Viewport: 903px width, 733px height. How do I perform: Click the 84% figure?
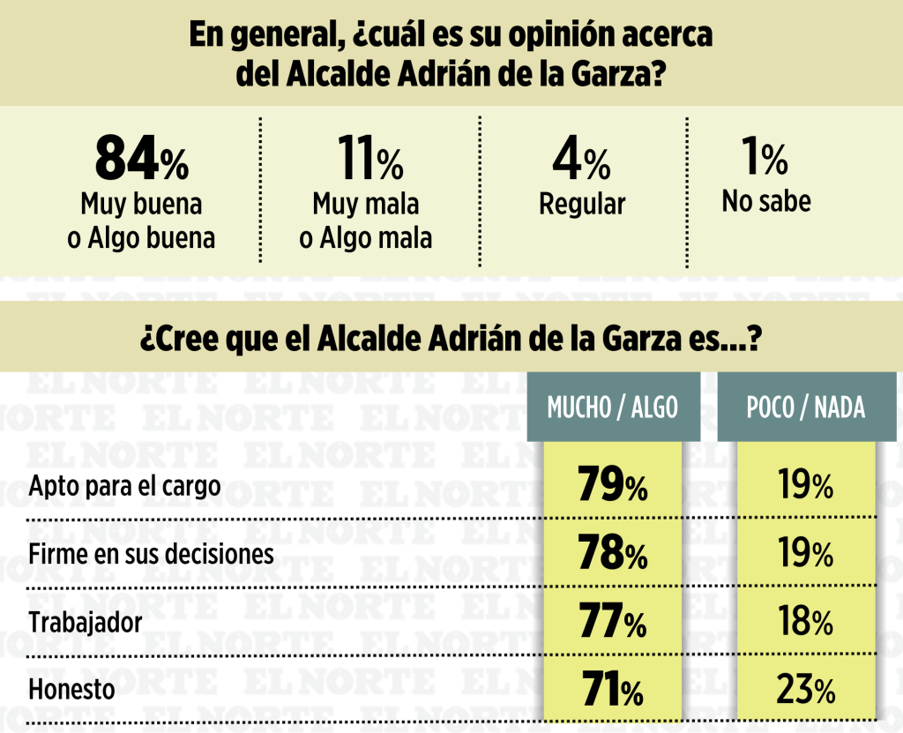pyautogui.click(x=141, y=160)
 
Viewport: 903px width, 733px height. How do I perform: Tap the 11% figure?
pyautogui.click(x=369, y=160)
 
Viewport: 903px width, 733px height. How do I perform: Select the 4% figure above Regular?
pyautogui.click(x=581, y=160)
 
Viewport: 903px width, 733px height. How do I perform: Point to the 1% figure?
pyautogui.click(x=764, y=158)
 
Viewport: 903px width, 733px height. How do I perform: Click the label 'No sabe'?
pyautogui.click(x=765, y=201)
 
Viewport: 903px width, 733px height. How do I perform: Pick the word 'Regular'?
pyautogui.click(x=582, y=205)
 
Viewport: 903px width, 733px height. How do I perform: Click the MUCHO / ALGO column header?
pyautogui.click(x=613, y=407)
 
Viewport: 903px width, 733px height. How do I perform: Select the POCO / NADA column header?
pyautogui.click(x=805, y=407)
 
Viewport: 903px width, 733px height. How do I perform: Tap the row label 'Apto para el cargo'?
pyautogui.click(x=124, y=487)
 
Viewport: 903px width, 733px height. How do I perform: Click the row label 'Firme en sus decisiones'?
pyautogui.click(x=151, y=555)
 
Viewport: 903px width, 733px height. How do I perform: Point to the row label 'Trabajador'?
pyautogui.click(x=86, y=623)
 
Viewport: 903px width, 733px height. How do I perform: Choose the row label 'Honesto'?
pyautogui.click(x=71, y=689)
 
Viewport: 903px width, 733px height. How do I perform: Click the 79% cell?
pyautogui.click(x=613, y=484)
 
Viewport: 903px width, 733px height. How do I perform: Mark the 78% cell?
pyautogui.click(x=613, y=554)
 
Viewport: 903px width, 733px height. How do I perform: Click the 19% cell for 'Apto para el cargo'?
pyautogui.click(x=805, y=484)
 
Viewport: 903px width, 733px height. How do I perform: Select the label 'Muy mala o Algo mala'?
pyautogui.click(x=365, y=221)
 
